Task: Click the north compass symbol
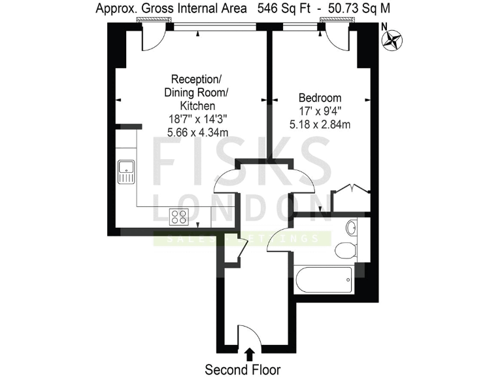pyautogui.click(x=393, y=40)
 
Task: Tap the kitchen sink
pyautogui.click(x=125, y=172)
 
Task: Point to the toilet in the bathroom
pyautogui.click(x=344, y=249)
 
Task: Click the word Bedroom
pyautogui.click(x=320, y=98)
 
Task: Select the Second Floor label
pyautogui.click(x=243, y=369)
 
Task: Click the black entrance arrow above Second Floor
pyautogui.click(x=249, y=354)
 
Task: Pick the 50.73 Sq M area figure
pyautogui.click(x=354, y=9)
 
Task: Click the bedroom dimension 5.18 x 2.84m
pyautogui.click(x=320, y=124)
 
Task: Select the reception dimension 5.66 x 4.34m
pyautogui.click(x=197, y=132)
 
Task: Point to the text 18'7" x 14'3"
pyautogui.click(x=197, y=119)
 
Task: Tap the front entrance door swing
pyautogui.click(x=249, y=335)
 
